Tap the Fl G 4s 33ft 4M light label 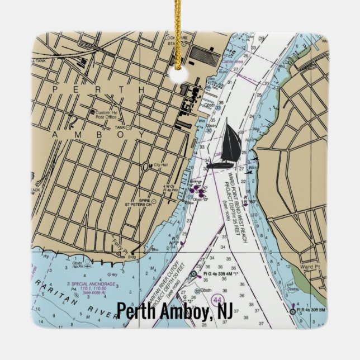(x=221, y=273)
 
